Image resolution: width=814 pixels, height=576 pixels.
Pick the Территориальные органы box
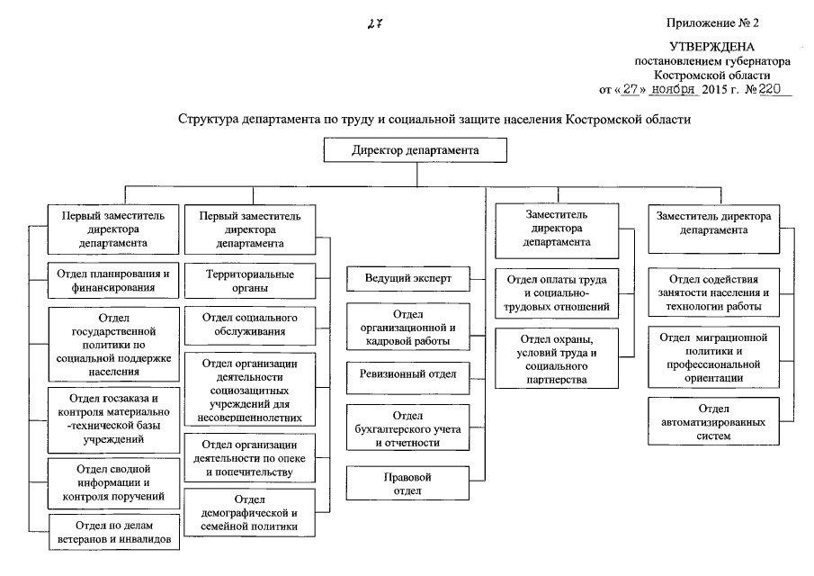(x=249, y=280)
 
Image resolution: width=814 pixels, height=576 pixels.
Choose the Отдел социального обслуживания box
(x=249, y=325)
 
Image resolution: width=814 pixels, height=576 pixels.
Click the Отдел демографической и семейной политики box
(x=249, y=513)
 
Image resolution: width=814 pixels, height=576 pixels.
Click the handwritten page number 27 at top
(x=375, y=24)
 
